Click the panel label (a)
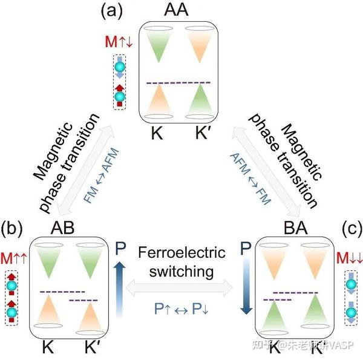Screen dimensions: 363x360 pos(111,12)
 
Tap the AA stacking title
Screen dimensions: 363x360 pos(176,10)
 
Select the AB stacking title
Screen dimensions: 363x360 pos(62,228)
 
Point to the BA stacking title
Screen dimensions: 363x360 pos(295,228)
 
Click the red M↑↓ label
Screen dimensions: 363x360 pos(119,42)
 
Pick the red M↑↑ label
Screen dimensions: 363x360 pos(14,258)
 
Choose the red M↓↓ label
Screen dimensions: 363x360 pos(349,258)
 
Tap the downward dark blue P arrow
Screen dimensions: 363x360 pos(246,286)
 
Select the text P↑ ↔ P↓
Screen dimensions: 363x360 pos(181,309)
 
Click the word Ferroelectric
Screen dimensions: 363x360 pos(181,252)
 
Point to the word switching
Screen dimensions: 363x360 pos(181,270)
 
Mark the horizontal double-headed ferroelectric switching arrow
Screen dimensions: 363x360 pos(179,288)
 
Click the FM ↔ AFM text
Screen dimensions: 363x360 pos(102,176)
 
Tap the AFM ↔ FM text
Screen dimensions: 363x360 pos(250,179)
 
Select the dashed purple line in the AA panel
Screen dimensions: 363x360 pos(178,83)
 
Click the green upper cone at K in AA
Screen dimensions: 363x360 pos(159,46)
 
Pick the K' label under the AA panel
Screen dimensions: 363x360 pos(201,133)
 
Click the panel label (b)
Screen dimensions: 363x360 pos(11,229)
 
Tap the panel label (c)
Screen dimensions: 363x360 pos(352,229)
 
